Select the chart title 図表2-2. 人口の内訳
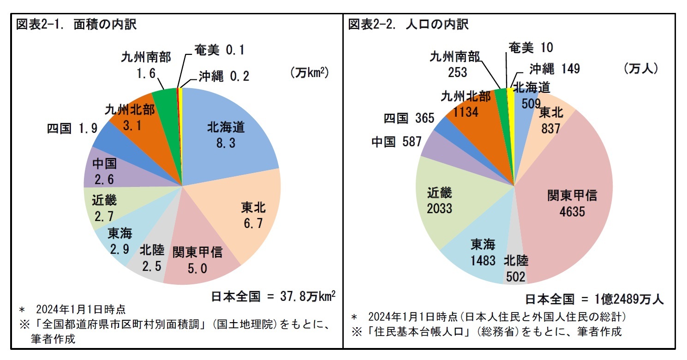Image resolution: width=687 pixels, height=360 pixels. pos(408,24)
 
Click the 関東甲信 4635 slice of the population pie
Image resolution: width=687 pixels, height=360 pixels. pos(572,203)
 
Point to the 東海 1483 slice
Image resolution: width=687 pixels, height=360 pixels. pos(480,252)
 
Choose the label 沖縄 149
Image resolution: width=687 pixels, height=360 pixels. pos(554,69)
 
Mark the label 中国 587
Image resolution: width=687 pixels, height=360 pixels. pos(396,142)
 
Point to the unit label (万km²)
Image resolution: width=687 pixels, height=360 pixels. pos(309,73)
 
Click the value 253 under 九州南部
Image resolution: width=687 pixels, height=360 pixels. pos(454,72)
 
